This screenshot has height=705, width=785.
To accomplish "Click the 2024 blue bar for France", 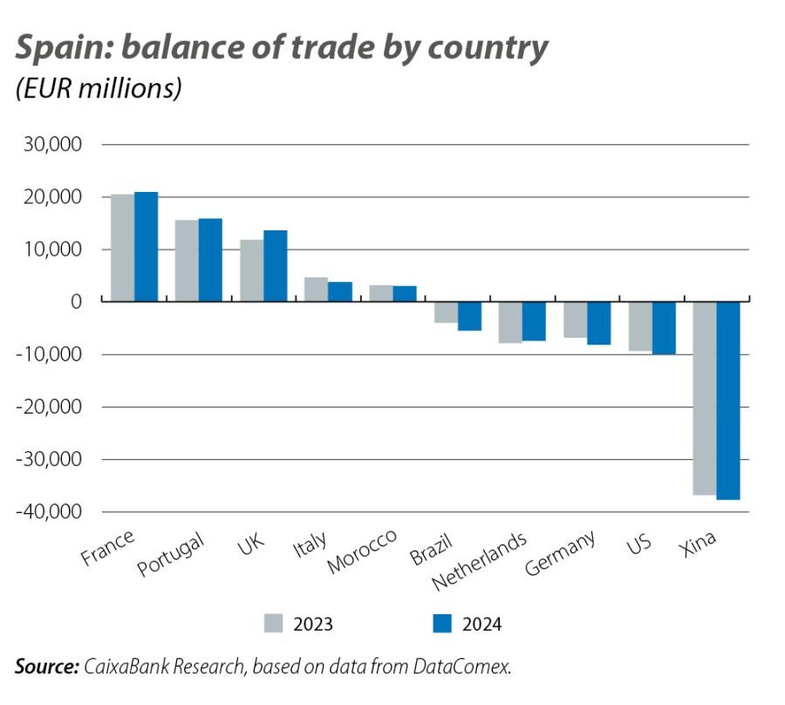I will click(146, 247).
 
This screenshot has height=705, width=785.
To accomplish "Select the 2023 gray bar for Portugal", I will click(187, 261).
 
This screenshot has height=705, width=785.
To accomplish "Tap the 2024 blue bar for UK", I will click(275, 266).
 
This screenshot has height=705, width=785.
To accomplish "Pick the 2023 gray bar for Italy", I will click(316, 290).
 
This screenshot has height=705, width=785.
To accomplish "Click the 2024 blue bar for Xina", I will click(727, 400).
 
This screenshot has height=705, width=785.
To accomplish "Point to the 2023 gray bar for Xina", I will click(704, 398).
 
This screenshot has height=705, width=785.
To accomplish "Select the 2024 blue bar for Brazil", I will click(469, 316).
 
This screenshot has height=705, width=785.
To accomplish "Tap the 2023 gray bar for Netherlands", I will click(510, 322).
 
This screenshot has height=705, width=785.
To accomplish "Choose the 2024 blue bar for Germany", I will click(598, 323).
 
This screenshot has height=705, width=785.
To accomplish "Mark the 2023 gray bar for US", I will click(639, 326).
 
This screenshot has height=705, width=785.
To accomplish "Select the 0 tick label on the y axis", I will click(75, 302).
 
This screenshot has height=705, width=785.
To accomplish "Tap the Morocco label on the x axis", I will click(362, 551).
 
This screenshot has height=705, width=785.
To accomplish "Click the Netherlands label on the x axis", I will click(480, 559).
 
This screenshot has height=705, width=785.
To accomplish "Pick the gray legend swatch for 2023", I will click(273, 623).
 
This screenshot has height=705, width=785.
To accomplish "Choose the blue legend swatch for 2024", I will click(442, 623).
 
